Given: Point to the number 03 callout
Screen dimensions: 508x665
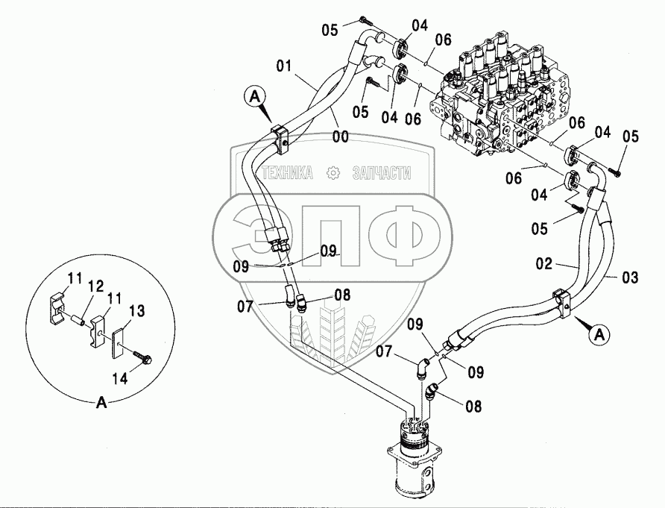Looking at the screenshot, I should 630,277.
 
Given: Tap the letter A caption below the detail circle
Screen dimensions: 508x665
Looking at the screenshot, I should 103,404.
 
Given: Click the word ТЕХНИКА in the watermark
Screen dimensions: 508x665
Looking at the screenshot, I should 286,173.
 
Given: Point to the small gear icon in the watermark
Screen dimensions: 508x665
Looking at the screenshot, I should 332,173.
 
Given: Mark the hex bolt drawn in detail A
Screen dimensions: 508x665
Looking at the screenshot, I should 142,359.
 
